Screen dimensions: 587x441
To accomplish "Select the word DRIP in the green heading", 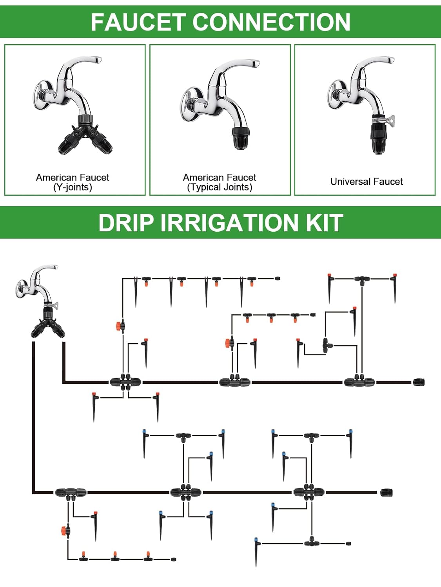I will [125, 223].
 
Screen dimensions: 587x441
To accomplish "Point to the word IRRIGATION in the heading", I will [229, 223].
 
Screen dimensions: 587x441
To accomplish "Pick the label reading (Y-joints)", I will [73, 187].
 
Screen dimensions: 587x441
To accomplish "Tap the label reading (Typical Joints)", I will [220, 187].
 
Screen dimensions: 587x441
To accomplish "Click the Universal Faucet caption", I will [367, 182].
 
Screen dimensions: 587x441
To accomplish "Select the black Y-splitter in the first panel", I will [85, 137].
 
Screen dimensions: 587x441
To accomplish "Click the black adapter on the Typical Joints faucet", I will [240, 138].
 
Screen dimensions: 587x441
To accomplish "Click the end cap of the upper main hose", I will [418, 382].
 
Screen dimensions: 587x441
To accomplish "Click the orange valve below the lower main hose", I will [64, 531].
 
